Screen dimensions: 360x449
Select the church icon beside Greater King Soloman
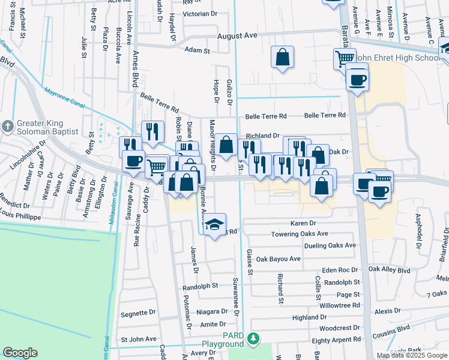click(7, 127)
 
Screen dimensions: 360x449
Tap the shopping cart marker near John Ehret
click(345, 58)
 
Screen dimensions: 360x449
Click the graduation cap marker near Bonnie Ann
click(214, 224)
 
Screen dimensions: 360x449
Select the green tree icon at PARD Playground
click(254, 340)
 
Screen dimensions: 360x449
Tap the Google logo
click(20, 353)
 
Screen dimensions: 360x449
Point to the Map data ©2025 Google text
click(412, 355)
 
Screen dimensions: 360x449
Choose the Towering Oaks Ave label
click(299, 234)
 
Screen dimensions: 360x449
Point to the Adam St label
click(197, 51)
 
